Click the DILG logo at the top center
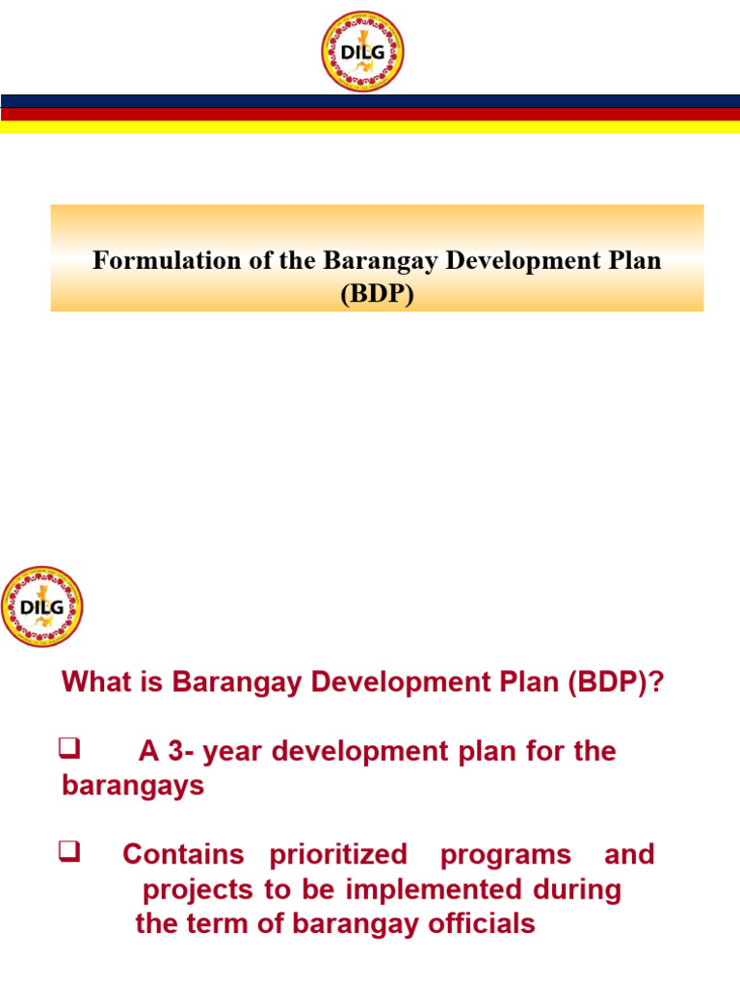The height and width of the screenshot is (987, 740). coord(362,52)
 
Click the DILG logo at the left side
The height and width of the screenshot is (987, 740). coord(41,606)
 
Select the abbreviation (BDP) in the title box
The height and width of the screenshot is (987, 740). coord(377,294)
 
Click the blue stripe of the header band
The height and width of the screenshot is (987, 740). coord(370,101)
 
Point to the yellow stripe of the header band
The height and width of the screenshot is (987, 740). coord(370,127)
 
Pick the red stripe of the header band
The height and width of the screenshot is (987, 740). coord(370,114)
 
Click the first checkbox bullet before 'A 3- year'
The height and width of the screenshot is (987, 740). coord(68,747)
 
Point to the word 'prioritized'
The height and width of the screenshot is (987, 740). coord(338,855)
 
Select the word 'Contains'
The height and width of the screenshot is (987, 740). coord(183,855)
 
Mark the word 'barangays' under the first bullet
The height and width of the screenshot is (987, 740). coord(133,786)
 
